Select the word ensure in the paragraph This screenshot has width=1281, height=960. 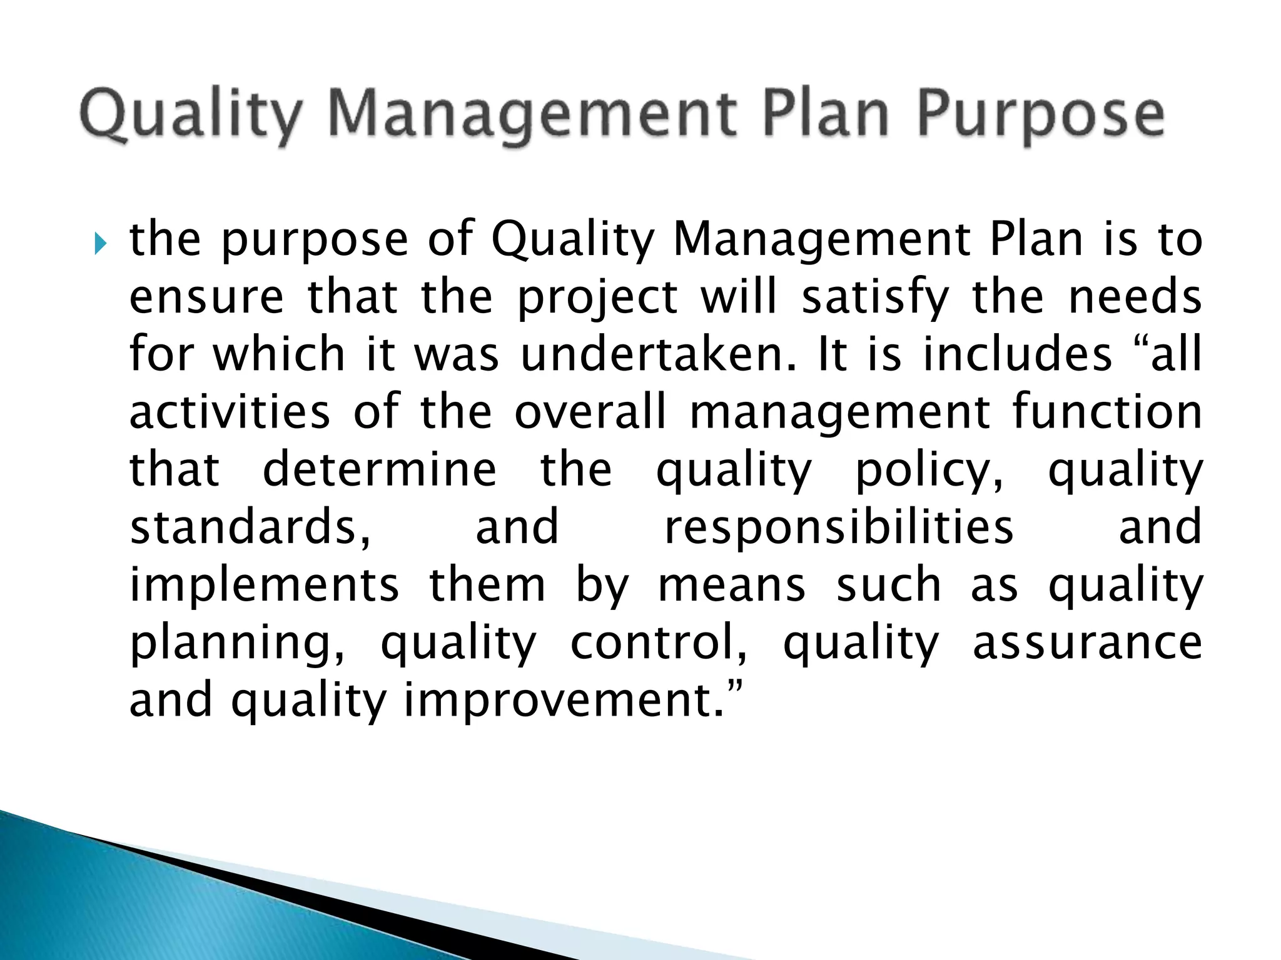coord(206,297)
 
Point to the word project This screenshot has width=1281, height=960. coord(597,297)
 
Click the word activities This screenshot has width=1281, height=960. coord(230,412)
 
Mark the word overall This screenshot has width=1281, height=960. coord(590,412)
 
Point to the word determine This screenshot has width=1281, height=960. coord(380,469)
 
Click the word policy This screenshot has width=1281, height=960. coord(929,469)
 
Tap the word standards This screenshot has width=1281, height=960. coord(250,527)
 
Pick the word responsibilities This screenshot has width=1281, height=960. coord(839,527)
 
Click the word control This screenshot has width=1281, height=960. coord(659,642)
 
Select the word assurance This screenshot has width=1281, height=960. coord(1087,642)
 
